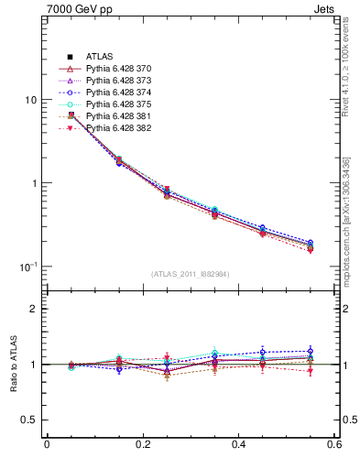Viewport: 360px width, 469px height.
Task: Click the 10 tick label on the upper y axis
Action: (30, 100)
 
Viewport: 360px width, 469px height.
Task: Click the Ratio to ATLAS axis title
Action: (11, 365)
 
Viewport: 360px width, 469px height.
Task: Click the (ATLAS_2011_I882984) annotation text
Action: (191, 274)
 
